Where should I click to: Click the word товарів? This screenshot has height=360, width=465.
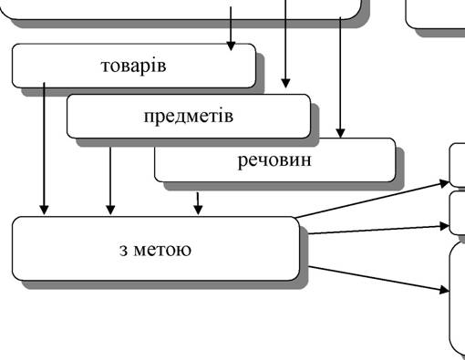coord(133,66)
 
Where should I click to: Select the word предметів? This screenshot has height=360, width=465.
coord(189,116)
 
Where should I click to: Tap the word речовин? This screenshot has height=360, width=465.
coord(274,160)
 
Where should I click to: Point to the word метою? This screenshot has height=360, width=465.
coord(162,250)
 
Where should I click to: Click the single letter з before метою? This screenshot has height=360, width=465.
coord(123,251)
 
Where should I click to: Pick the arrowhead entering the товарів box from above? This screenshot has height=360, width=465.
coord(231,46)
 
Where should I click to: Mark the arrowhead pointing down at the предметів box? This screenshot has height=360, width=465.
coord(285,83)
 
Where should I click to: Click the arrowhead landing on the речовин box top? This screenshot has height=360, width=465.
coord(340,133)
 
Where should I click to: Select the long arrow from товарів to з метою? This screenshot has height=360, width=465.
coord(45,149)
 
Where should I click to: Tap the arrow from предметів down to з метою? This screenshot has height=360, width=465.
coord(110,181)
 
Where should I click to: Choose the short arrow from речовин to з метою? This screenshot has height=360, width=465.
coord(198,203)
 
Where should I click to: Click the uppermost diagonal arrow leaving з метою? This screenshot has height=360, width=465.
coord(372,200)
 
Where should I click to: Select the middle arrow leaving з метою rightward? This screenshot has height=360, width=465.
coord(378,230)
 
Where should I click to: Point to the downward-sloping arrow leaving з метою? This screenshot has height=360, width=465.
coord(378,279)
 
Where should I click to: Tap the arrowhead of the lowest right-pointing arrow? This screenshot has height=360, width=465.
coord(445,291)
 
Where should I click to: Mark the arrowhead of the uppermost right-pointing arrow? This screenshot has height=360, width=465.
coord(445,183)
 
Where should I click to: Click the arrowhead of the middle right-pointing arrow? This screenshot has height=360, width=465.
coord(445,226)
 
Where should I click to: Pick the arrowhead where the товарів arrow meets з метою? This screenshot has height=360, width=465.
coord(45,210)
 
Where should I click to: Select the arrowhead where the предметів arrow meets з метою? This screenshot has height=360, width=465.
coord(110,210)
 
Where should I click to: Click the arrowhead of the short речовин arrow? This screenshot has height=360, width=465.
coord(198,210)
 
